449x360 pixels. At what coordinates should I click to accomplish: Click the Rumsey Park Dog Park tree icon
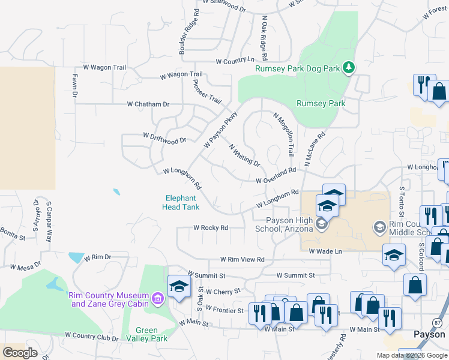coord(348,68)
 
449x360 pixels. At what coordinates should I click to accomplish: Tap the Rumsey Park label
coord(321,103)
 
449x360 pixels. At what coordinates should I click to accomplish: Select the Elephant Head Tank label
coord(180,203)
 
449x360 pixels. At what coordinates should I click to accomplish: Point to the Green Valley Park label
coord(147,334)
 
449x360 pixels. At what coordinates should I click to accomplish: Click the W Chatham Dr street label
coord(148,104)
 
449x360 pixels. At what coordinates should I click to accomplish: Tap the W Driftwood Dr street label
coord(164,138)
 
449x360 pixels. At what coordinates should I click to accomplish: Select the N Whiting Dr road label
coord(244,155)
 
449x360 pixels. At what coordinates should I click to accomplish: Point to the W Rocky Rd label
coord(211,228)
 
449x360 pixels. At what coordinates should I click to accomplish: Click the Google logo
coord(20,352)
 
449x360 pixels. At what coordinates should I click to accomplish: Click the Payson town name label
coord(429,334)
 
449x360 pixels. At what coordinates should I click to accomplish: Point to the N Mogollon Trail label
coord(285,134)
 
